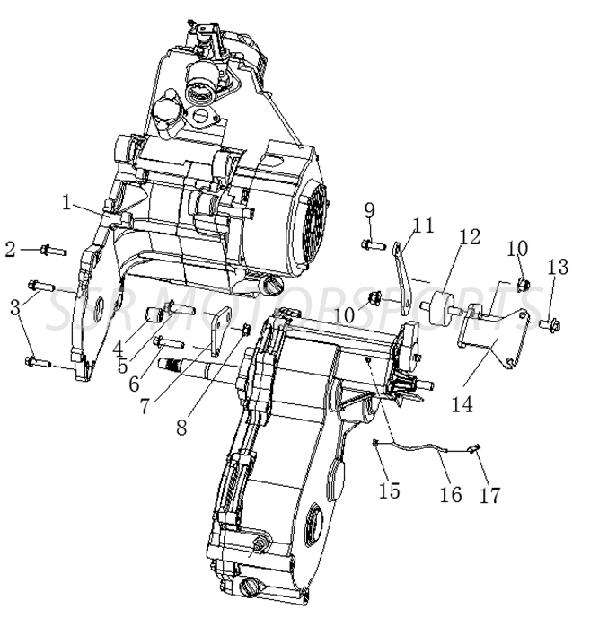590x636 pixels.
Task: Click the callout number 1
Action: click(66, 202)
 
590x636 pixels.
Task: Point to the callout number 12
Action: click(470, 238)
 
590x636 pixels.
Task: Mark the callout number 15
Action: click(389, 491)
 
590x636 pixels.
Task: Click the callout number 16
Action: click(451, 495)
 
